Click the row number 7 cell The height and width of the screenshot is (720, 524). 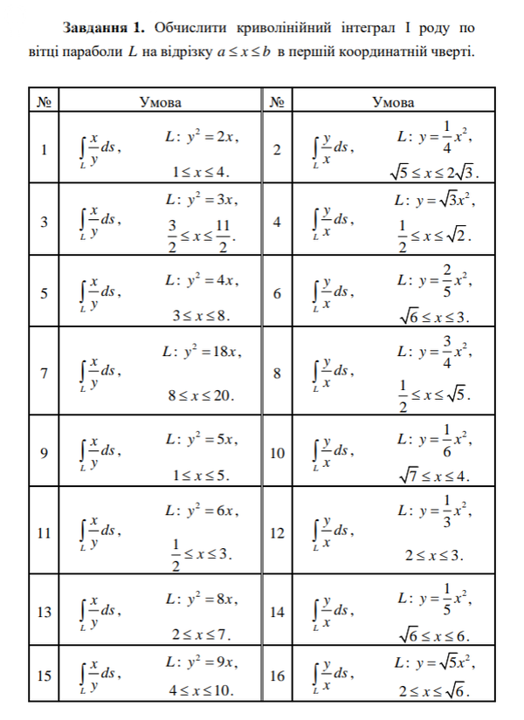point(44,373)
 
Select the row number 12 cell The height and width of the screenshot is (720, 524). point(278,532)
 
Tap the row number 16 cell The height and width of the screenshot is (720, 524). point(278,675)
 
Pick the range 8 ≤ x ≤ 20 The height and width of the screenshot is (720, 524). point(202,395)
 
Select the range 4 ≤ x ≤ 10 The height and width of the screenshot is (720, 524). point(202,690)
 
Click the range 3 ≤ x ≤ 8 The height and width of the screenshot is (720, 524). point(202,315)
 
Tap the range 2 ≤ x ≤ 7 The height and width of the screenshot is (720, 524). point(202,633)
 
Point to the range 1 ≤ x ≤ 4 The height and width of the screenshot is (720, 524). point(202,171)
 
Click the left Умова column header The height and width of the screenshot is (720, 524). point(161,102)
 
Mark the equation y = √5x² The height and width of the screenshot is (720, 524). point(434,661)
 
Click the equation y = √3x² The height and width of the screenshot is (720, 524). point(434,200)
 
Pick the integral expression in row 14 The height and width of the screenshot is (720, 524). point(333,611)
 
